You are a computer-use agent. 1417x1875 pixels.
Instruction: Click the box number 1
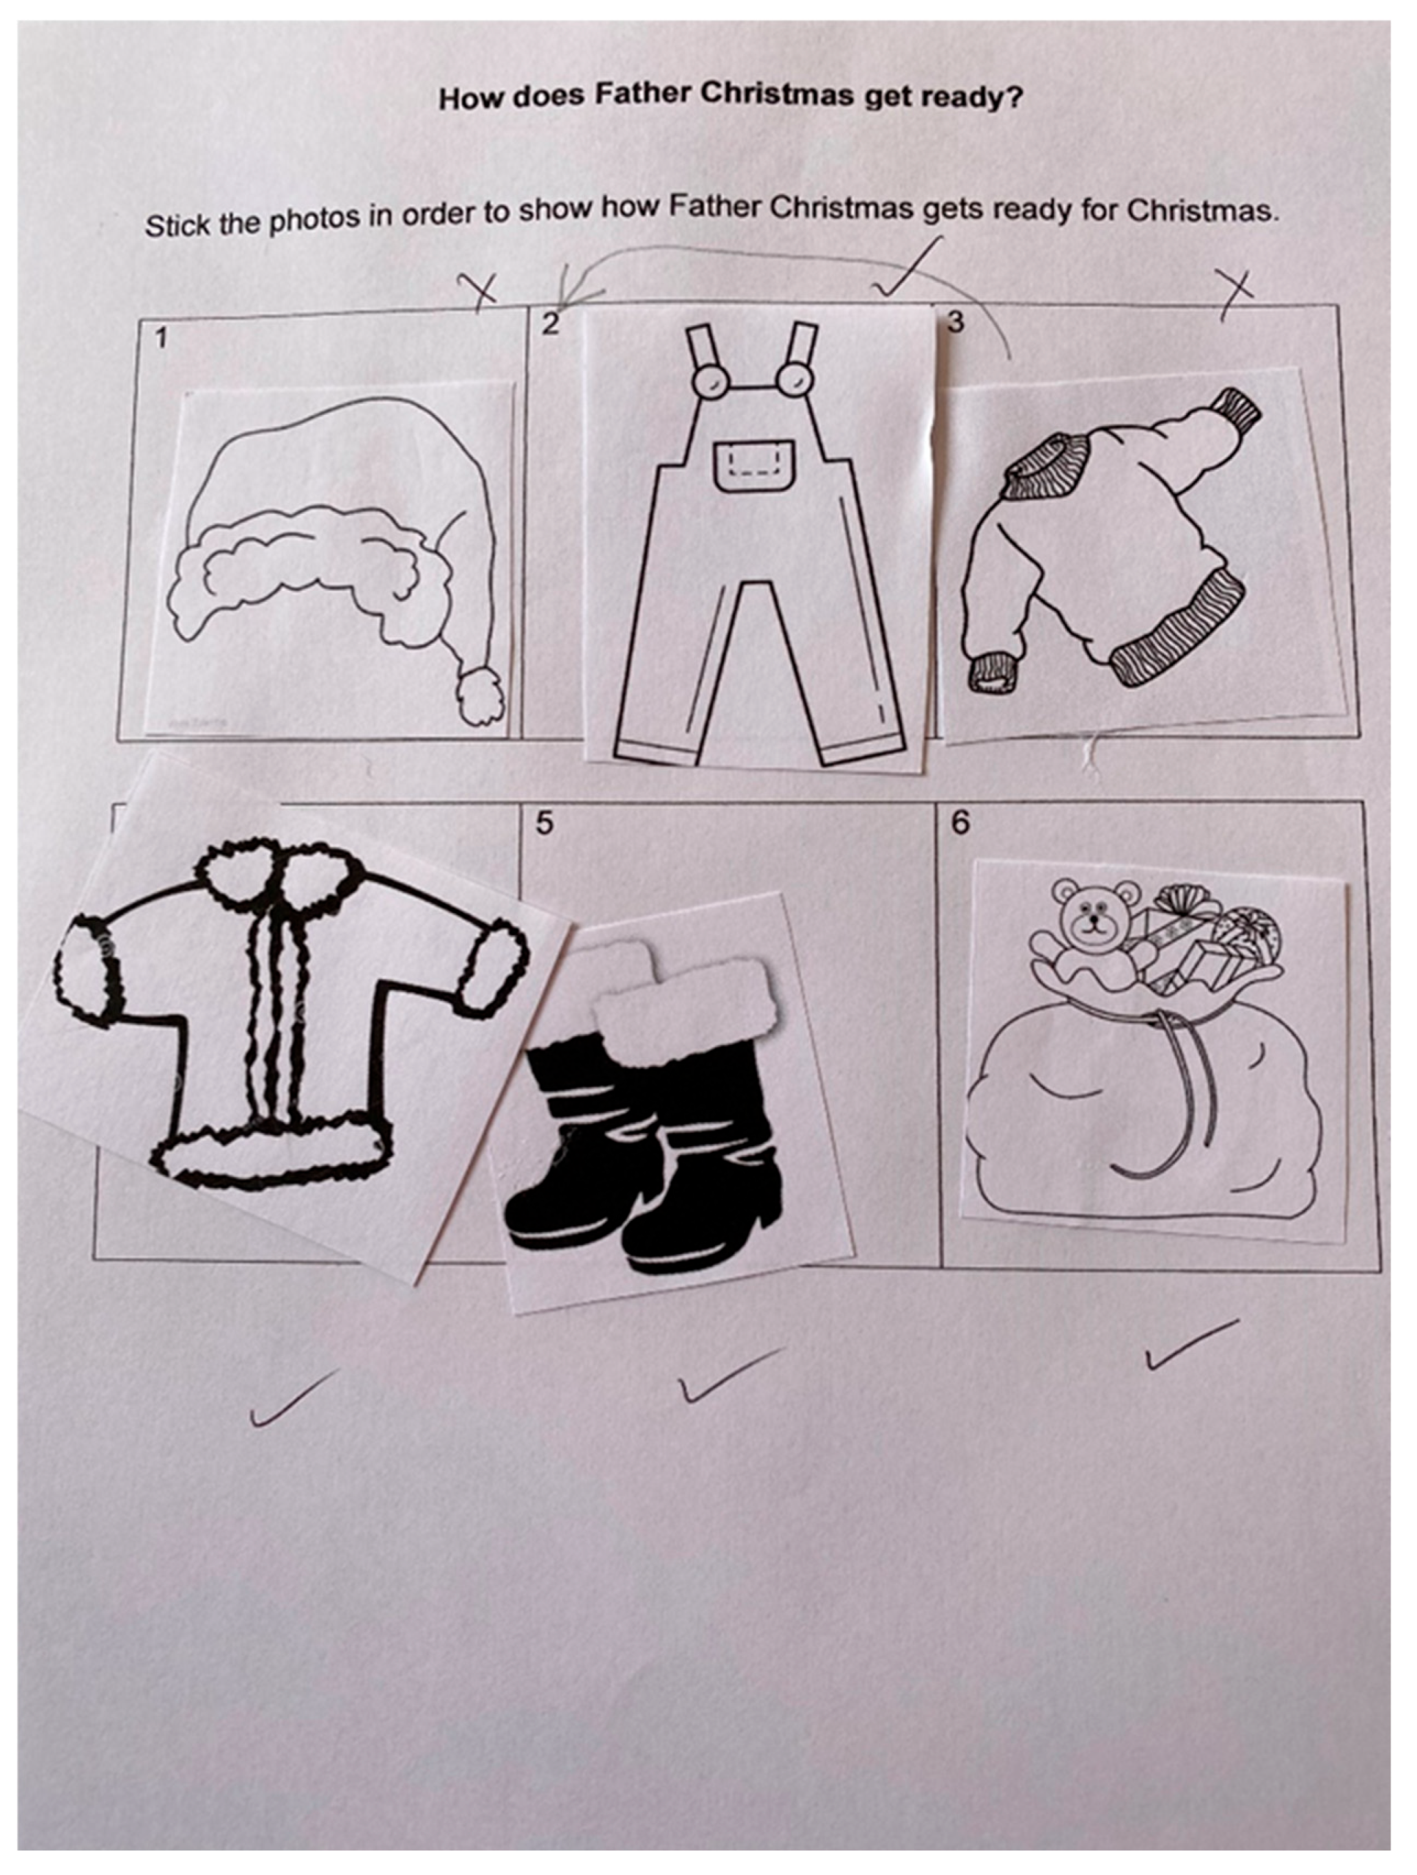pyautogui.click(x=161, y=339)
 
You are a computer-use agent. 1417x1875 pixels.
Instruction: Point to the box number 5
pyautogui.click(x=545, y=822)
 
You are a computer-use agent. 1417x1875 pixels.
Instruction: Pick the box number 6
pyautogui.click(x=960, y=822)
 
